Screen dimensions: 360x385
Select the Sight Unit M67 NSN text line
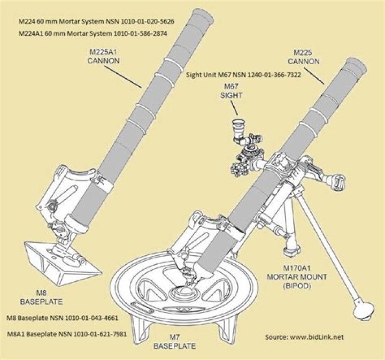(243, 75)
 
